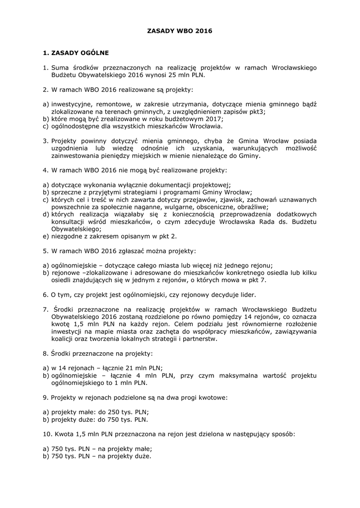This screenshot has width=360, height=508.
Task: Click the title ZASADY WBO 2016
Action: pyautogui.click(x=180, y=31)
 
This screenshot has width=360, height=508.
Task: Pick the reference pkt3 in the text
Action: pyautogui.click(x=258, y=112)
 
